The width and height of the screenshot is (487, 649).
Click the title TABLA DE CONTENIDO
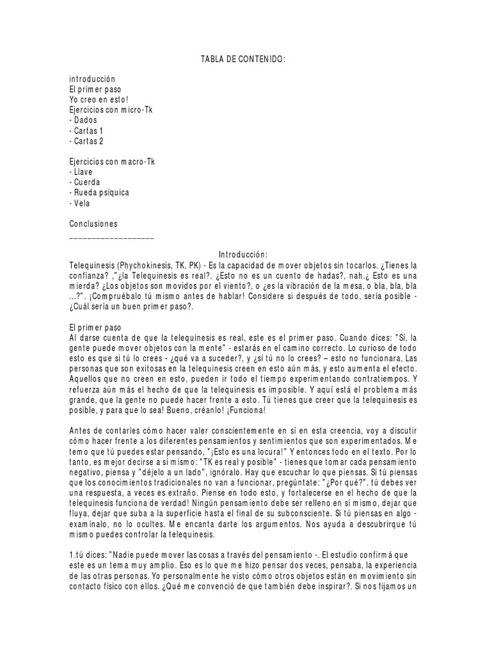pos(243,60)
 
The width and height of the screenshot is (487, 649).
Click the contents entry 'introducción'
pos(93,79)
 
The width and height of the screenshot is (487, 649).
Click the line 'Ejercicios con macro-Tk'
pos(112,161)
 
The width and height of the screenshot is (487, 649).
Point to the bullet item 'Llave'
pos(82,172)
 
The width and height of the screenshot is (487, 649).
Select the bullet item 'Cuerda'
pos(86,182)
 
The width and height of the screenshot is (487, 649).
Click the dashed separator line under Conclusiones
pos(111,236)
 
